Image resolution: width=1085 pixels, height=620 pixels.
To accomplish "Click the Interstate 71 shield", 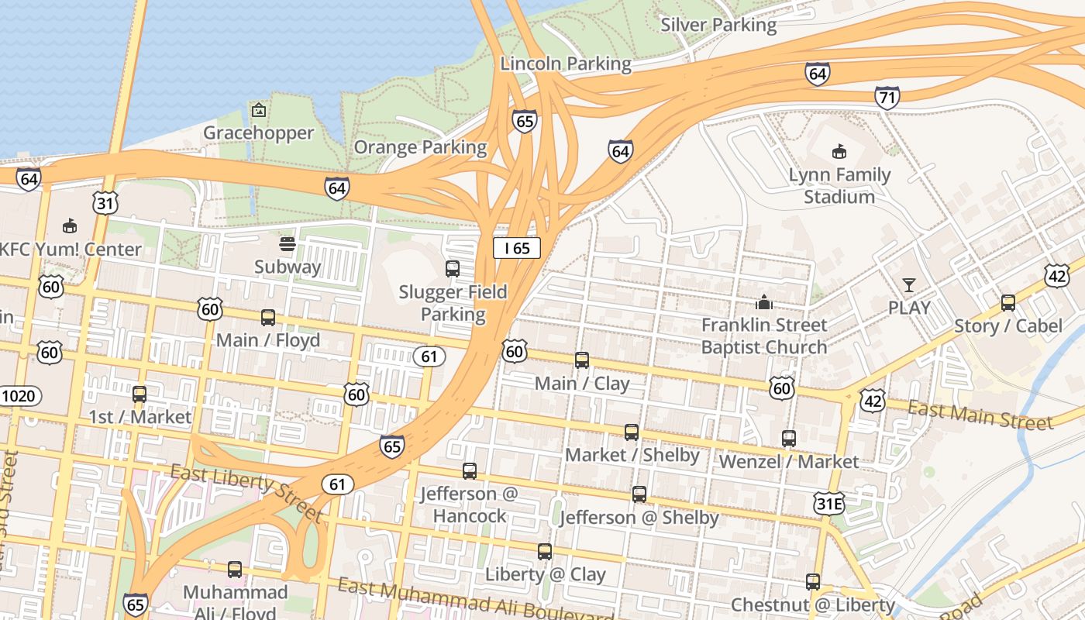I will (x=887, y=98).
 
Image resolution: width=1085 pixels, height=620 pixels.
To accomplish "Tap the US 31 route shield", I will (x=105, y=203).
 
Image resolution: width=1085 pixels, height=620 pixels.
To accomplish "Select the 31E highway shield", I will (x=828, y=505).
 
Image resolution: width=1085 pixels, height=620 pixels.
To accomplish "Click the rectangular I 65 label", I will (x=517, y=248).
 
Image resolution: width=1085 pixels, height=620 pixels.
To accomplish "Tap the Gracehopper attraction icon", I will (x=259, y=111).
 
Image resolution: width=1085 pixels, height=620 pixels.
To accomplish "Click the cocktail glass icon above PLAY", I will (x=909, y=284).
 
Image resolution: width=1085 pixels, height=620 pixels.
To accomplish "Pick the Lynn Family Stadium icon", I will (x=839, y=152).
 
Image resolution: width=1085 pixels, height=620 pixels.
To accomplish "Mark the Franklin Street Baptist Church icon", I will (x=764, y=302).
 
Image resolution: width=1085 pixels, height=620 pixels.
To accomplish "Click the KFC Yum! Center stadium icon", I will (x=70, y=226).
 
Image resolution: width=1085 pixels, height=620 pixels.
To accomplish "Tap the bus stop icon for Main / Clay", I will (x=582, y=360).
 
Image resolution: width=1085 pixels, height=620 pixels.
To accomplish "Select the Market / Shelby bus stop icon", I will (x=632, y=432).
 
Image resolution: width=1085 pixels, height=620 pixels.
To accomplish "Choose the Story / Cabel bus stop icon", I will (x=1008, y=303).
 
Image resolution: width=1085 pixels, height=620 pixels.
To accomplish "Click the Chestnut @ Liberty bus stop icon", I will (x=813, y=582).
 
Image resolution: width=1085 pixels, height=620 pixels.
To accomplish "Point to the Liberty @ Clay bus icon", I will (x=545, y=552).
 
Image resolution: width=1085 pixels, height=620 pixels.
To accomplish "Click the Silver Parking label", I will (x=718, y=25).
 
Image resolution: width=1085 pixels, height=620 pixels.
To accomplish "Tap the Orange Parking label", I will (x=420, y=147).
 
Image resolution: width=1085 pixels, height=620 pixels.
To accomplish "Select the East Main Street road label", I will (x=981, y=415).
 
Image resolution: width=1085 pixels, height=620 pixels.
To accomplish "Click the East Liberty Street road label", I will (x=246, y=492).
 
